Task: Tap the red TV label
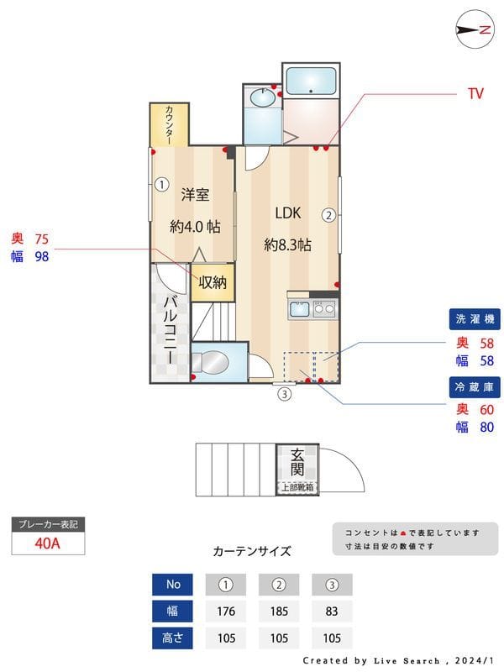(x=475, y=94)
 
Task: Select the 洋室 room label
(x=195, y=195)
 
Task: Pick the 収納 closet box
(x=213, y=282)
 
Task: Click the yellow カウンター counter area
(x=170, y=123)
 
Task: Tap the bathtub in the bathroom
(x=311, y=81)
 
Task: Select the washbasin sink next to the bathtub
(x=262, y=99)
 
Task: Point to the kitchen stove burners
(x=324, y=309)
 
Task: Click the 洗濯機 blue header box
(x=475, y=319)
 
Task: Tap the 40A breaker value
(x=48, y=543)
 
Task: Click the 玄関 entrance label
(x=298, y=462)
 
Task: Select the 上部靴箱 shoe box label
(x=297, y=487)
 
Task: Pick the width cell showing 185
(x=279, y=611)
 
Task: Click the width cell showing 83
(x=332, y=611)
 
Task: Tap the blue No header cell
(x=173, y=584)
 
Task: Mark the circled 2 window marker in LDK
(x=329, y=214)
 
